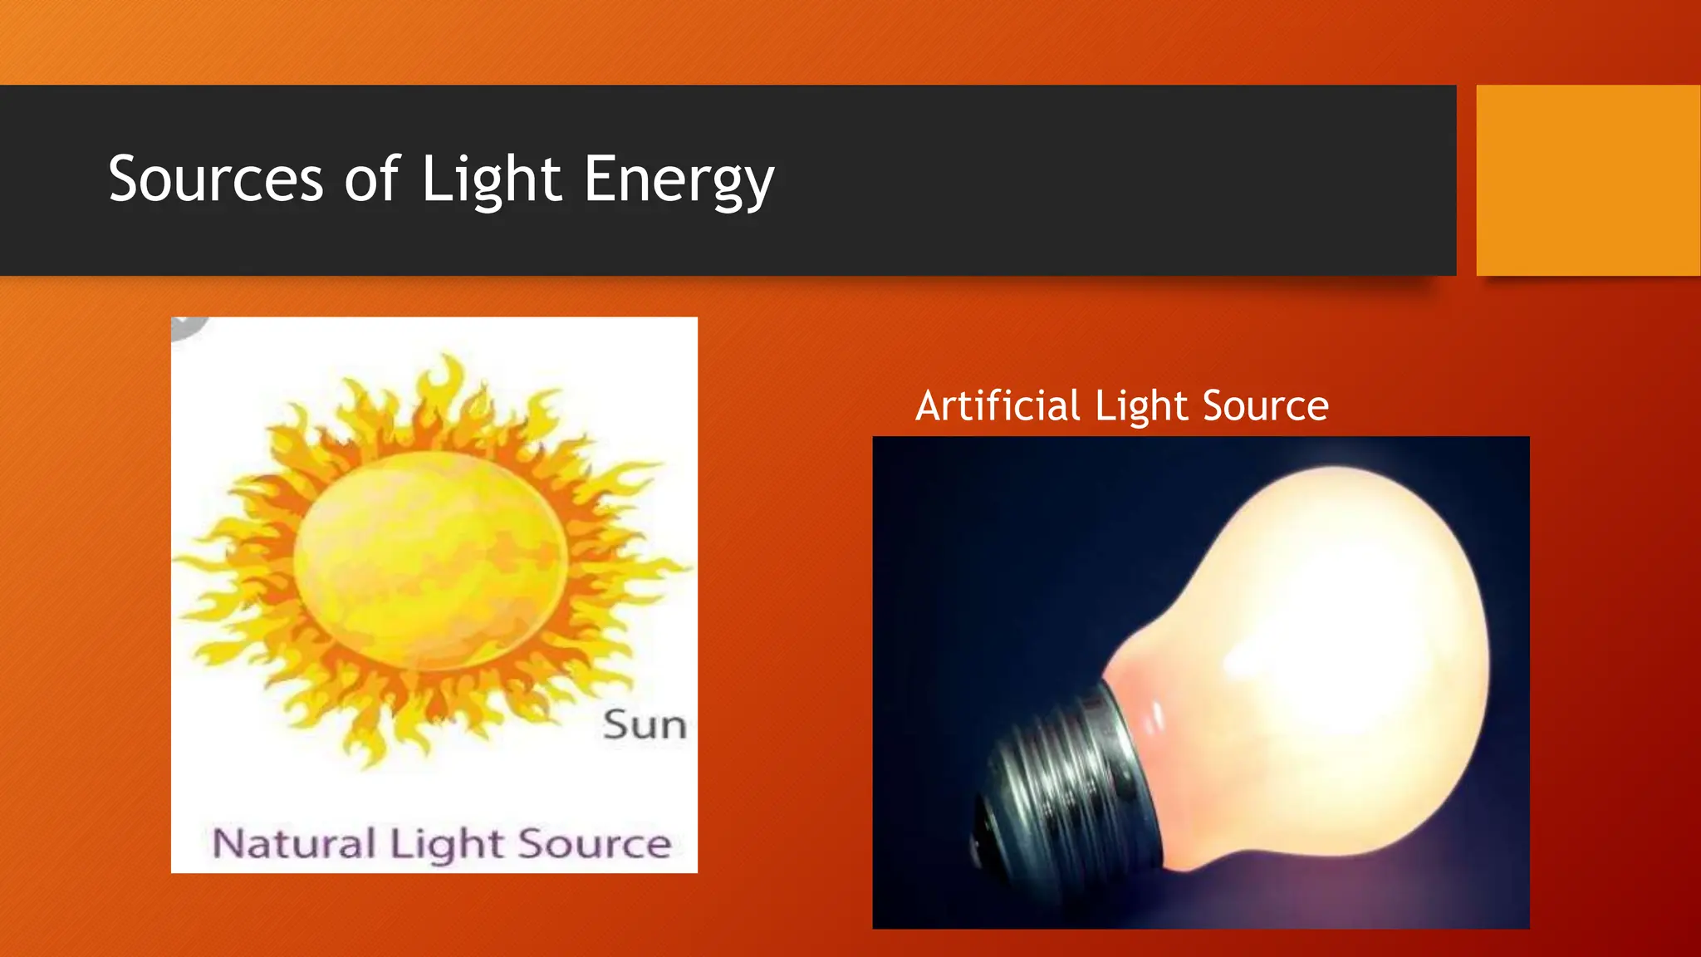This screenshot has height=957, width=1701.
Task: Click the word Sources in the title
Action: pyautogui.click(x=215, y=179)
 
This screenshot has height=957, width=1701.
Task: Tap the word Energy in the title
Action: pyautogui.click(x=679, y=179)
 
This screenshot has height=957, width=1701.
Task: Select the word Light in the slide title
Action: pyautogui.click(x=492, y=179)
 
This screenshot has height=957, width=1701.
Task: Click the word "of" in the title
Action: pyautogui.click(x=371, y=179)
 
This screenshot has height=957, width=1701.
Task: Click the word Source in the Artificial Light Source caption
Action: pyautogui.click(x=1265, y=406)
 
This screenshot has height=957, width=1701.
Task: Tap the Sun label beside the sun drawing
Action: pyautogui.click(x=645, y=725)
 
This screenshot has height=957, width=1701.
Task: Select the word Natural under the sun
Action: pyautogui.click(x=293, y=843)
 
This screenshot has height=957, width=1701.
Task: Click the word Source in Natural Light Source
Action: pyautogui.click(x=595, y=843)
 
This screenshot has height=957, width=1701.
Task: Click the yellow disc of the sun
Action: pyautogui.click(x=430, y=560)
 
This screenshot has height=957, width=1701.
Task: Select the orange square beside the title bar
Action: pyautogui.click(x=1588, y=179)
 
